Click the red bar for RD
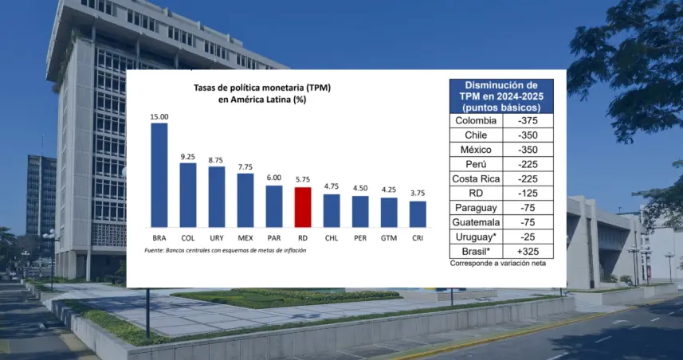tap(303, 207)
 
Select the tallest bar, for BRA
tap(159, 175)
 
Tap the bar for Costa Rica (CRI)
tap(418, 214)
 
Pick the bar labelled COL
tap(188, 195)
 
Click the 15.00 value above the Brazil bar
tap(159, 116)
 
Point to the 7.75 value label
tap(245, 167)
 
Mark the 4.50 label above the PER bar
tap(360, 189)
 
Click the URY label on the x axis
tap(217, 239)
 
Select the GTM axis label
tap(389, 239)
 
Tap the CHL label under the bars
tap(332, 239)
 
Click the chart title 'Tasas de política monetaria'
tap(262, 88)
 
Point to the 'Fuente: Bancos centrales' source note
tap(226, 250)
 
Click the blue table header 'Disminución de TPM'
tap(501, 96)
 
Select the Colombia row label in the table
tap(476, 120)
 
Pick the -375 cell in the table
tap(528, 120)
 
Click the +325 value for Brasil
tap(528, 251)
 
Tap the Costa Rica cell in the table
tap(476, 179)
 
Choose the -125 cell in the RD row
tap(528, 194)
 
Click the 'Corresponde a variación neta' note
tap(498, 264)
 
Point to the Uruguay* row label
tap(476, 237)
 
